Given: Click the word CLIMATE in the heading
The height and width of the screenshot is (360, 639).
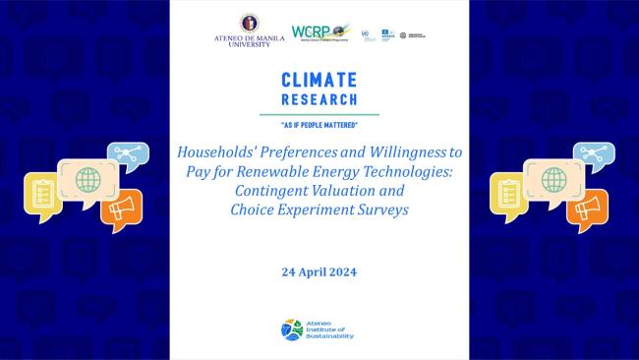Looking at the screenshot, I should point(319,80).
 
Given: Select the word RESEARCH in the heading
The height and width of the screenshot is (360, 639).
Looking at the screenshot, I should point(319,98).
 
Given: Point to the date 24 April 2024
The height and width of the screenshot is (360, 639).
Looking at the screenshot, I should point(319,270).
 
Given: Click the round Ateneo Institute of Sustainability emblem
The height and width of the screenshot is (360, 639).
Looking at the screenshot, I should point(292,330).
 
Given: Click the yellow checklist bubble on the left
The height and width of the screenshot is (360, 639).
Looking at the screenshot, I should point(42,194).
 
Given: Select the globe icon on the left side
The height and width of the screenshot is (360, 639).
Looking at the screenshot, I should point(87,181).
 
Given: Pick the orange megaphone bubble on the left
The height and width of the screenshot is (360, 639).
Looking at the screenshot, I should point(122,209).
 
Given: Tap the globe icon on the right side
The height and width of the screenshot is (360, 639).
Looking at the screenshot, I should point(553,181).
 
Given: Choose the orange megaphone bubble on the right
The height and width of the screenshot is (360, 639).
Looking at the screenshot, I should point(588,209).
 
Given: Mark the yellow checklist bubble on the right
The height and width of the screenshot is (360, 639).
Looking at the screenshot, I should point(508,194).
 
